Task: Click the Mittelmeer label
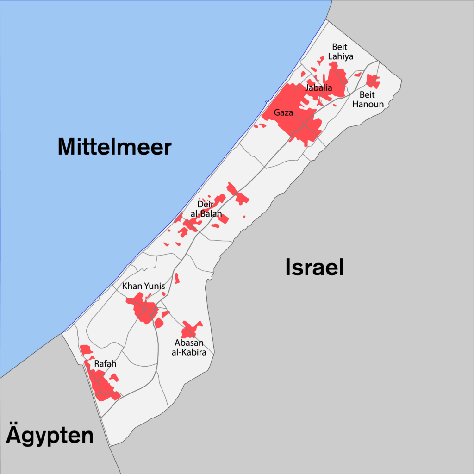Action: (114, 147)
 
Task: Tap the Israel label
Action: (314, 268)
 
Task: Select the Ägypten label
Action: (50, 436)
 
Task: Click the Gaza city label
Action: (283, 112)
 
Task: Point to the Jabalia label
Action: (319, 87)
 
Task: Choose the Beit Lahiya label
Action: (341, 51)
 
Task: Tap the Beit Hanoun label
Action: (368, 99)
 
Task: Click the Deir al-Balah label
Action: (206, 209)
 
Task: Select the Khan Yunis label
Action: (143, 287)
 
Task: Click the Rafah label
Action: (105, 364)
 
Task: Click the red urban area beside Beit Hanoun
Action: (373, 81)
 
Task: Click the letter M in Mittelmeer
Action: (67, 147)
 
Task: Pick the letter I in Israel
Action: (288, 268)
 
